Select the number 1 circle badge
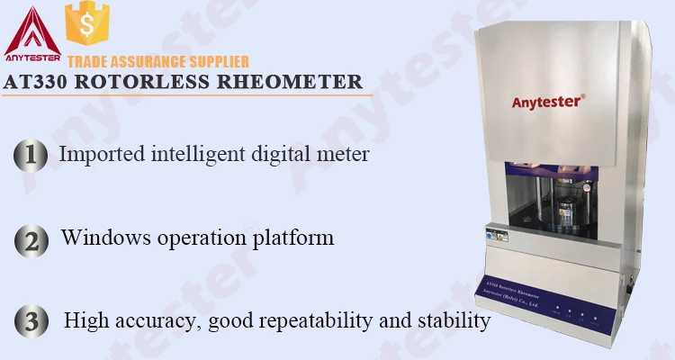pyautogui.click(x=31, y=155)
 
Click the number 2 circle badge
pyautogui.click(x=31, y=239)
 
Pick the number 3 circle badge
pyautogui.click(x=31, y=321)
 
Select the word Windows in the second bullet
pyautogui.click(x=100, y=238)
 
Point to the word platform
pyautogui.click(x=293, y=239)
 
